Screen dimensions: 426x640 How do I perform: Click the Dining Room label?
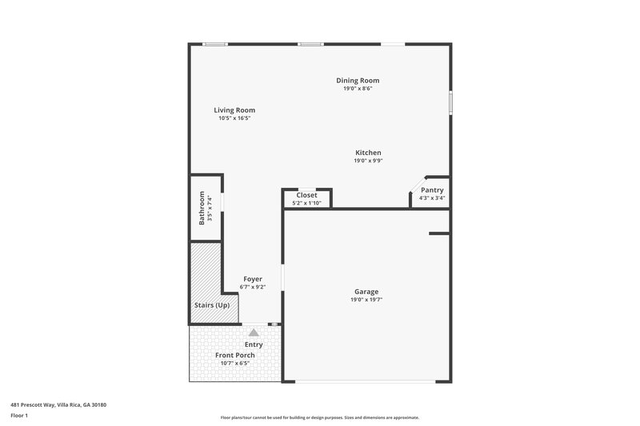point(358,80)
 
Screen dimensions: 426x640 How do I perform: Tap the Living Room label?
point(234,110)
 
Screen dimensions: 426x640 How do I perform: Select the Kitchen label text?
point(368,153)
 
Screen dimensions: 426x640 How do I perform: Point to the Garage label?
point(366,292)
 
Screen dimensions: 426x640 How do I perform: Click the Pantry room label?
point(432,189)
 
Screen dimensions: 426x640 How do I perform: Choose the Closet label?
point(306,195)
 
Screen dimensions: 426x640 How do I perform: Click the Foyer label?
point(253,279)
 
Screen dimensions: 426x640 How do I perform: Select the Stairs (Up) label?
point(212,305)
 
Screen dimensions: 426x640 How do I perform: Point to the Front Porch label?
point(234,355)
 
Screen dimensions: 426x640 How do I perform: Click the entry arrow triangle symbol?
point(254,332)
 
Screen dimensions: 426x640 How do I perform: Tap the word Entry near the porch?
point(254,344)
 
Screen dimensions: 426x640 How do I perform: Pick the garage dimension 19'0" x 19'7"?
point(366,301)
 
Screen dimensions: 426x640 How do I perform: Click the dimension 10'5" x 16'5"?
point(234,118)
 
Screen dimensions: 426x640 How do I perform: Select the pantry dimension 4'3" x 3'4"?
point(432,197)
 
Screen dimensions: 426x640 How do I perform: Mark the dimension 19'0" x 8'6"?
point(358,89)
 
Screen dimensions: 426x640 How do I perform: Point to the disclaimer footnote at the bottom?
point(319,417)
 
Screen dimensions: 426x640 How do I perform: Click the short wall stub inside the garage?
point(439,234)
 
